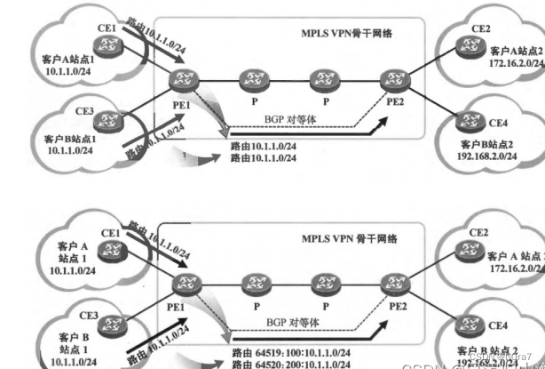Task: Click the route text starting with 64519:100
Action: coord(288,353)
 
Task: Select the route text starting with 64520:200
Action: coord(288,365)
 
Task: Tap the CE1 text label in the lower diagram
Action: coord(110,233)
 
